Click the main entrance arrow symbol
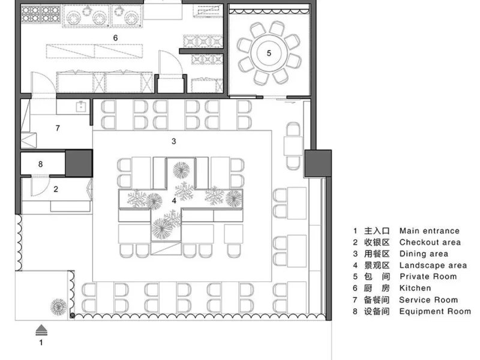tap(41, 330)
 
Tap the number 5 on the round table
tap(269, 53)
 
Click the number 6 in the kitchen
tap(115, 38)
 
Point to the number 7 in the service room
tap(58, 128)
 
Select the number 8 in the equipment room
tap(40, 164)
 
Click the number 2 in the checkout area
tap(56, 189)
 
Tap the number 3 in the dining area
tap(174, 141)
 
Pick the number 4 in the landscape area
tap(174, 201)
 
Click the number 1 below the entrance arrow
tap(41, 343)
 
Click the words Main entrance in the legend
tap(430, 231)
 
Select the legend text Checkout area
tap(430, 242)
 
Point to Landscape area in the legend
tap(433, 265)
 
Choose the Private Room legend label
tap(428, 277)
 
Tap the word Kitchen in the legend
tap(415, 288)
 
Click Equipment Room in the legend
tap(435, 311)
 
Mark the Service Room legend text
tap(428, 299)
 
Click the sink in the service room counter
tap(81, 107)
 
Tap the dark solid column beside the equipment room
tap(79, 163)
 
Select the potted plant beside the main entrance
tap(58, 307)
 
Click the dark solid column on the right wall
tap(318, 163)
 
